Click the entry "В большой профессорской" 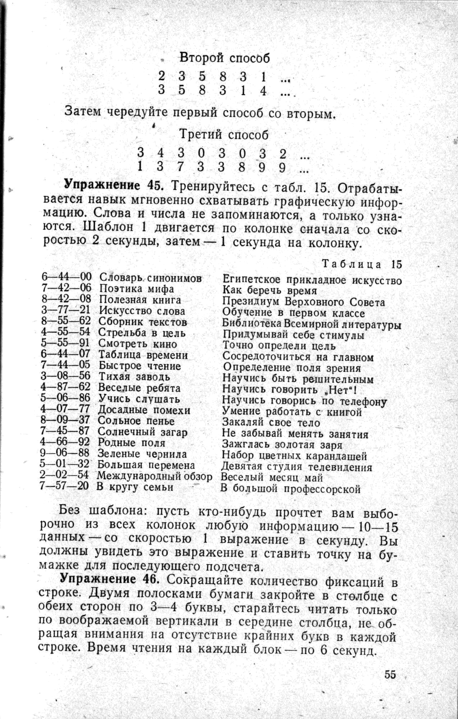(291, 488)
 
